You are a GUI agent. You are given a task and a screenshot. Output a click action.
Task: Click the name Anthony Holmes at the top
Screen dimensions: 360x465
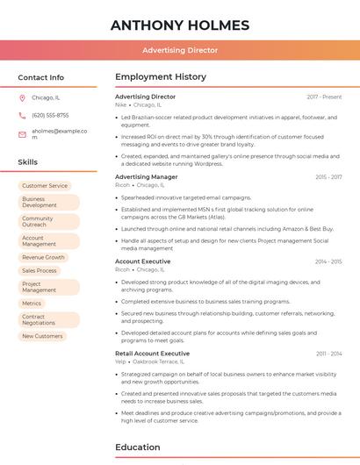pyautogui.click(x=179, y=25)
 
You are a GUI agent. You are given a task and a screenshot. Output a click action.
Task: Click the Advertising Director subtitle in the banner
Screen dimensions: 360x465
pyautogui.click(x=179, y=50)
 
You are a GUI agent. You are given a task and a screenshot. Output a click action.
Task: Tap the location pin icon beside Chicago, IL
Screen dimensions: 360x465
pyautogui.click(x=22, y=98)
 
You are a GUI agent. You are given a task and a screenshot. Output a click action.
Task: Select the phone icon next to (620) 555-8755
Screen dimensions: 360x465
pyautogui.click(x=22, y=115)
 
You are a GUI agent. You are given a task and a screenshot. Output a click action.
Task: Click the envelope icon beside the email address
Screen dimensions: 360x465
pyautogui.click(x=22, y=134)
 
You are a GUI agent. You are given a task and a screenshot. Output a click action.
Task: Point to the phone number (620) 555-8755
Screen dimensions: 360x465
pyautogui.click(x=50, y=115)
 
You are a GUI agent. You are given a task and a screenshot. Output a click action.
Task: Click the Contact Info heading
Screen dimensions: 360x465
pyautogui.click(x=40, y=77)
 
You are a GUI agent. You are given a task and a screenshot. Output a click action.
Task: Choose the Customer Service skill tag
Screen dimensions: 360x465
pyautogui.click(x=45, y=186)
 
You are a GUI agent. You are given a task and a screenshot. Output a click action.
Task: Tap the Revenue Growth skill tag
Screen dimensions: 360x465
pyautogui.click(x=43, y=257)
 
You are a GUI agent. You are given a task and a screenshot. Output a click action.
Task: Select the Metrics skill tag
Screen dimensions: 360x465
pyautogui.click(x=32, y=304)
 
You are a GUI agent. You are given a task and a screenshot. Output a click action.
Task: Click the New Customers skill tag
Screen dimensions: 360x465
pyautogui.click(x=42, y=336)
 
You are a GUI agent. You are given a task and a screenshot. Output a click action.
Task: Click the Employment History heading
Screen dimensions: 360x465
pyautogui.click(x=160, y=77)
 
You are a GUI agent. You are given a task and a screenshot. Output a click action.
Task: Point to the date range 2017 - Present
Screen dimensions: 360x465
pyautogui.click(x=324, y=97)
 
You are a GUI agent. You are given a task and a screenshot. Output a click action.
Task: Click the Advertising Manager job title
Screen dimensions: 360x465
pyautogui.click(x=146, y=176)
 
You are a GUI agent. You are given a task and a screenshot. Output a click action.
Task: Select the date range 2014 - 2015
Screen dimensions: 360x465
pyautogui.click(x=328, y=261)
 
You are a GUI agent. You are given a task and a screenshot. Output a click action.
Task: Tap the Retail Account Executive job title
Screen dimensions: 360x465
pyautogui.click(x=152, y=353)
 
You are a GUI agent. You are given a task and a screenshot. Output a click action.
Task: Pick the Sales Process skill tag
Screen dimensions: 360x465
pyautogui.click(x=40, y=270)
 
